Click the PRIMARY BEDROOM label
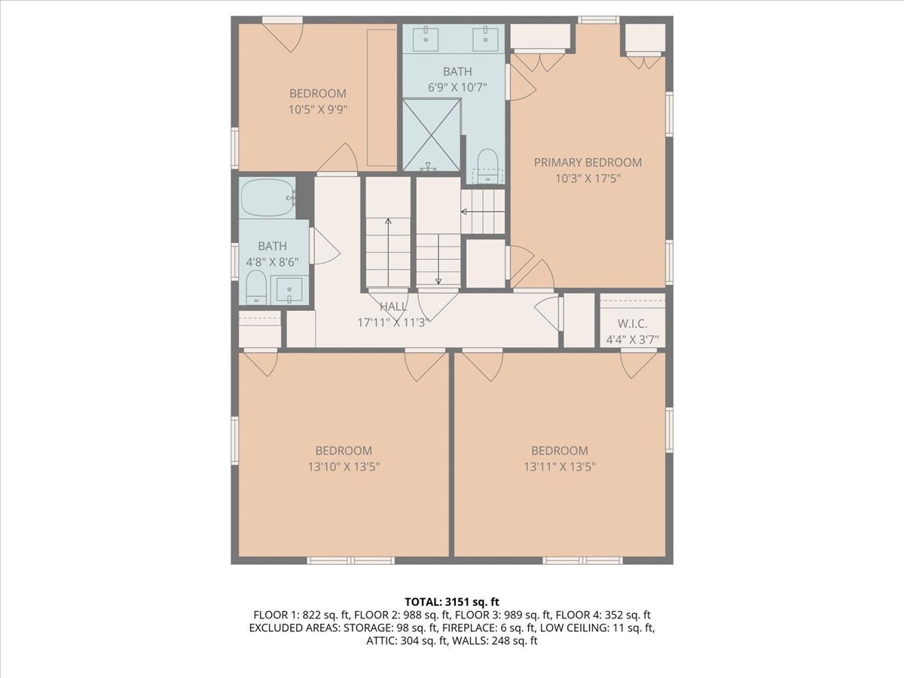pyautogui.click(x=588, y=163)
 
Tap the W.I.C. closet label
pyautogui.click(x=632, y=324)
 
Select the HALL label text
pyautogui.click(x=393, y=307)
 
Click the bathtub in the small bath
pyautogui.click(x=267, y=197)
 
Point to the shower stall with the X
pyautogui.click(x=431, y=135)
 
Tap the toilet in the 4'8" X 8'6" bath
pyautogui.click(x=256, y=287)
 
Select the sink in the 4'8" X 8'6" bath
pyautogui.click(x=289, y=290)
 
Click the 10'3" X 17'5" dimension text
pyautogui.click(x=588, y=179)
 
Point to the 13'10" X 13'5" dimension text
pyautogui.click(x=344, y=467)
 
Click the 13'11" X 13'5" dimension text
pyautogui.click(x=560, y=467)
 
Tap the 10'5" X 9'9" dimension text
pyautogui.click(x=318, y=110)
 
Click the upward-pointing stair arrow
pyautogui.click(x=388, y=252)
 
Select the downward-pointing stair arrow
pyautogui.click(x=438, y=259)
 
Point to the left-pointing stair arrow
pyautogui.click(x=482, y=212)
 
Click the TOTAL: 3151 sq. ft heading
pyautogui.click(x=452, y=602)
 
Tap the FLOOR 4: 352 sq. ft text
pyautogui.click(x=603, y=615)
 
